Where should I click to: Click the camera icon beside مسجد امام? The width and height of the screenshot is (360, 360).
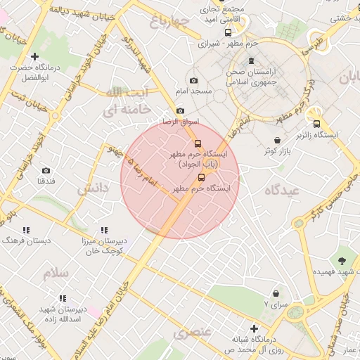pyautogui.click(x=193, y=81)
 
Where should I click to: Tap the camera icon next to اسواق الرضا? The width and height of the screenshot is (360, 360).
pyautogui.click(x=180, y=111)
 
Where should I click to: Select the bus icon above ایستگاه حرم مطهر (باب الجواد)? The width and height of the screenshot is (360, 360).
pyautogui.click(x=197, y=143)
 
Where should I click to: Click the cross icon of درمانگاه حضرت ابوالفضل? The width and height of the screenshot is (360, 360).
pyautogui.click(x=34, y=56)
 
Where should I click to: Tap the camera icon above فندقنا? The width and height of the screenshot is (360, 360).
pyautogui.click(x=46, y=171)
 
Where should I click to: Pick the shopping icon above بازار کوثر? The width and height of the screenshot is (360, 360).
pyautogui.click(x=279, y=141)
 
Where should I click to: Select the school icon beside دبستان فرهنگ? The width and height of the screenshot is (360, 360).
pyautogui.click(x=26, y=230)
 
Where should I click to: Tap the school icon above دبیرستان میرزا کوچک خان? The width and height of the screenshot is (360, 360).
pyautogui.click(x=104, y=230)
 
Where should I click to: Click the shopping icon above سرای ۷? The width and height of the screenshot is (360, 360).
pyautogui.click(x=276, y=292)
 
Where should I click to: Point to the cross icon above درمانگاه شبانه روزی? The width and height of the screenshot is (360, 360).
pyautogui.click(x=254, y=328)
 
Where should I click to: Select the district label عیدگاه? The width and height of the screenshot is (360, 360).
pyautogui.click(x=282, y=190)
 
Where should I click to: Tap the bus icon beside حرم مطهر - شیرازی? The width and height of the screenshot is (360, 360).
pyautogui.click(x=228, y=32)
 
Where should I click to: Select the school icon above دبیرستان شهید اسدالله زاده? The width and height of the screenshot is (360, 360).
pyautogui.click(x=62, y=299)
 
